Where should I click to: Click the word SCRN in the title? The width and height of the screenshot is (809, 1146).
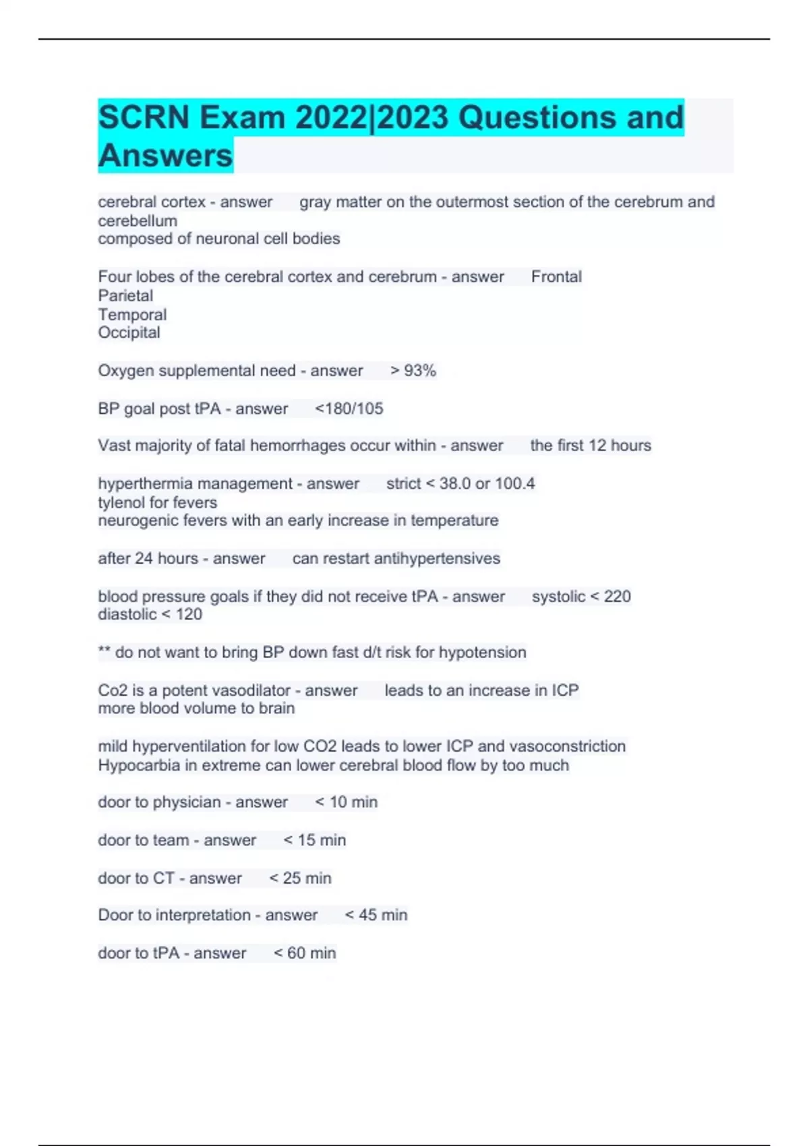144,118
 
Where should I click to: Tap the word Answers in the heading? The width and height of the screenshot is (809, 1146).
165,156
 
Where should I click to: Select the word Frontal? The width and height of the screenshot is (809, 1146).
556,277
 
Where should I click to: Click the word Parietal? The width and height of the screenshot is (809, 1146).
125,296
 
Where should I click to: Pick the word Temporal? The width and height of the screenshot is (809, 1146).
132,315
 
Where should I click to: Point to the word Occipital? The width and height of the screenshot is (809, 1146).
129,333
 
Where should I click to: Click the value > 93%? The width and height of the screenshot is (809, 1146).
413,371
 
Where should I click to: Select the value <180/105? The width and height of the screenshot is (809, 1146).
349,409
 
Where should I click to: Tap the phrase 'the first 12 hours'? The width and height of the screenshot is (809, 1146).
591,446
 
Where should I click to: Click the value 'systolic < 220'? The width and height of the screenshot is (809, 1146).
581,597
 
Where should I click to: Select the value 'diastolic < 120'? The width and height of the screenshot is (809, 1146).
150,615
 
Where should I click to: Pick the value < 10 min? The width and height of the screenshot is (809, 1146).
347,802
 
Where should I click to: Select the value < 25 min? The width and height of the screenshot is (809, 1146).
301,878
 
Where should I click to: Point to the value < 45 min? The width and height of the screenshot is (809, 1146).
376,915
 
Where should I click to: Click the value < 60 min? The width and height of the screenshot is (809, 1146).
305,953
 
